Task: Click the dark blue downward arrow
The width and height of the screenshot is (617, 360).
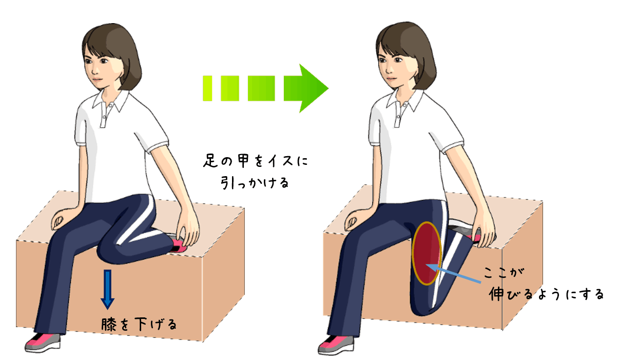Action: pos(107,289)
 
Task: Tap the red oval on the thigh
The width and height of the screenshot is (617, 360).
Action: pos(427,253)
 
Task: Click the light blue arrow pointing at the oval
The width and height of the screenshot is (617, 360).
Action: pos(453,274)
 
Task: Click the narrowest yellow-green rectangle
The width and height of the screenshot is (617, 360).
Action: pos(207,88)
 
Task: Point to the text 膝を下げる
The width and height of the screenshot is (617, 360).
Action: pos(139,324)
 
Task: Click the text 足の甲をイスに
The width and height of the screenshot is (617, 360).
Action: pos(256,161)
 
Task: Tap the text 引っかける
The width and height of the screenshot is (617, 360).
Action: pos(255,182)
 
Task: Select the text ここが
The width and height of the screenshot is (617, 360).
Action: pos(504,273)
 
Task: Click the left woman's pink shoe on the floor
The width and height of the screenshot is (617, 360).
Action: pos(43,342)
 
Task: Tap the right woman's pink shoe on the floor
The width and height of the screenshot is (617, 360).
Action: pos(336,345)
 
